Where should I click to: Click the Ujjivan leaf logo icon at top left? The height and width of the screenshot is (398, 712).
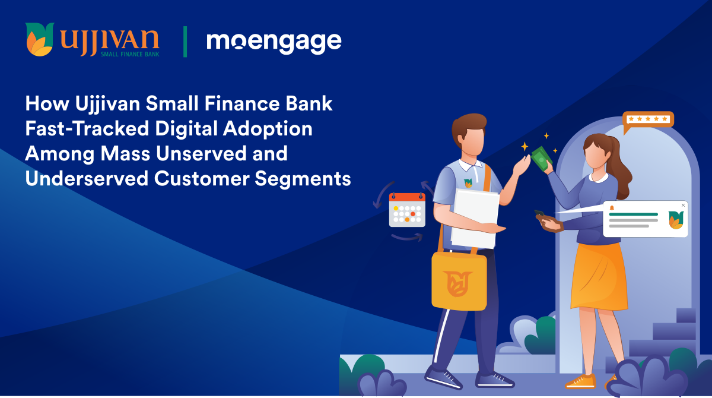pos(39,39)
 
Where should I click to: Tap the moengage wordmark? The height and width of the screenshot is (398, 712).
pos(274,43)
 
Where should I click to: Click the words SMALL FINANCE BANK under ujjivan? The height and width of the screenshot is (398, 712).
pos(130,55)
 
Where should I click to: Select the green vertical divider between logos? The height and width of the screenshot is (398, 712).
pos(185,42)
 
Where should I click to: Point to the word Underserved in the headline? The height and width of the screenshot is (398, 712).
pos(87,178)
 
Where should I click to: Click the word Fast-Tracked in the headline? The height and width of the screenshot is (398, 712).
pos(87,128)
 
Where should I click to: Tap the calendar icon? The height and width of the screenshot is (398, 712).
pos(407,210)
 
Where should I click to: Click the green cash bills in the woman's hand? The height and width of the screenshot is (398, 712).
pos(542,158)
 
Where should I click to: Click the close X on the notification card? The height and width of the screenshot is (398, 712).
pos(683,205)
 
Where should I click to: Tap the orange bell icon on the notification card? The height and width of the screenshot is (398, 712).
pos(612,208)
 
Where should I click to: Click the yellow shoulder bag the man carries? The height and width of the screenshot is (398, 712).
pos(459,280)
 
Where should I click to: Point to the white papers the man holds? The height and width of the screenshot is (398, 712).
pos(475,219)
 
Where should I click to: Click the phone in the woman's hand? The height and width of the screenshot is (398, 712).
pos(539,213)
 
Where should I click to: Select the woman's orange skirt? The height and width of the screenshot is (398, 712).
pos(599,276)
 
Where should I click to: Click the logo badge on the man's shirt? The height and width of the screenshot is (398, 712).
pos(468,183)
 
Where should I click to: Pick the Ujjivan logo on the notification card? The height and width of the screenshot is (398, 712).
pos(676,220)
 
